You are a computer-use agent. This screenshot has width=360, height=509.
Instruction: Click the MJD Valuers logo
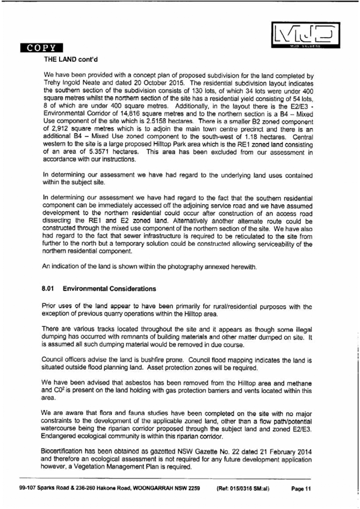point(306,35)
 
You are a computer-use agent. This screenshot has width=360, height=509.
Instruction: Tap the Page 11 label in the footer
point(301,489)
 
